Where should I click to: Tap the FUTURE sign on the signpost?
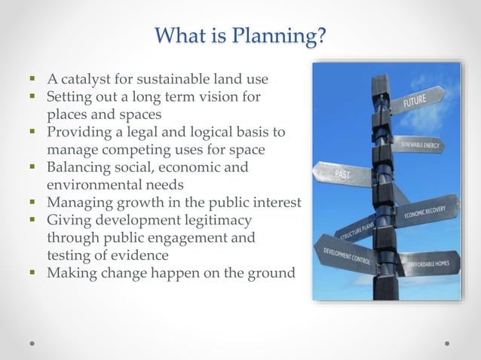tap(416, 99)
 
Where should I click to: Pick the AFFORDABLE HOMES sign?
tap(427, 264)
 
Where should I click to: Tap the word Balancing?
tap(81, 166)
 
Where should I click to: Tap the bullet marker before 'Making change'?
tap(35, 272)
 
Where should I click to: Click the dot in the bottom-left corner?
tap(32, 343)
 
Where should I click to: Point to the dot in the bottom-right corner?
tap(447, 343)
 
